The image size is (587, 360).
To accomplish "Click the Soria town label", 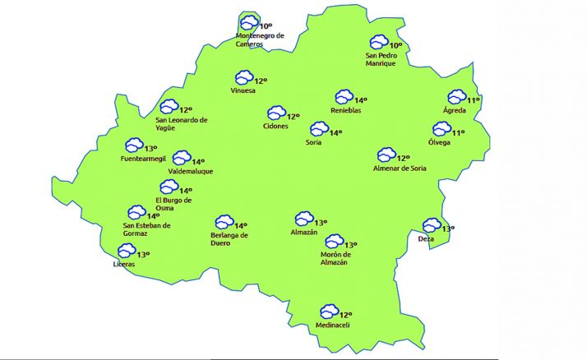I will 312,142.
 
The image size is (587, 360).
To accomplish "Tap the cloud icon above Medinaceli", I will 329,312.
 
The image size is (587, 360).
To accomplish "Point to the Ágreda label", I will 455,110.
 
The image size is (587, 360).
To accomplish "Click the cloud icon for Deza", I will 432,225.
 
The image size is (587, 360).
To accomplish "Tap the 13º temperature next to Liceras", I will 143,255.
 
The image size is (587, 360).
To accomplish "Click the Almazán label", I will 304,233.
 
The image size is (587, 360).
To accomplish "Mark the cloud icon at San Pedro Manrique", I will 378,42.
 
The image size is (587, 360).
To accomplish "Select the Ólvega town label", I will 440,141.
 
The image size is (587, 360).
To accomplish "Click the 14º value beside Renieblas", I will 361,100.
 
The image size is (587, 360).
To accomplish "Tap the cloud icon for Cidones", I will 275,113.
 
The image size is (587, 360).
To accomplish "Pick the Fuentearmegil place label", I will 143,159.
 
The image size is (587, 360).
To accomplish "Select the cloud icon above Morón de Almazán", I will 333,242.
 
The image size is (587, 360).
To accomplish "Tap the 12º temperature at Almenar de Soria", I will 404,158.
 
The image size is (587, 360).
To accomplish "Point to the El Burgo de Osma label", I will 173,204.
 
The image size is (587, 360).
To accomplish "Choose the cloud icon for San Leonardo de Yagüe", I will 169,107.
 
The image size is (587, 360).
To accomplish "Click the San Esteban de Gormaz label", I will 146,229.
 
